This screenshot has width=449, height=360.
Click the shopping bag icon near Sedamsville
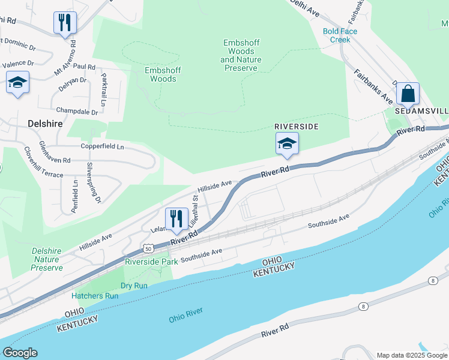[x=408, y=94]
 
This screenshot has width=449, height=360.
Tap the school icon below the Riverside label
[x=287, y=144]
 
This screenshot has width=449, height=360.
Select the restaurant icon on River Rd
[x=176, y=219]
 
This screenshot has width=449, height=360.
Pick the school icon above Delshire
[x=17, y=82]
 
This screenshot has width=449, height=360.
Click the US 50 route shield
[x=148, y=248]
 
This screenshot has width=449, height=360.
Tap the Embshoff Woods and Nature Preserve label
[x=241, y=55]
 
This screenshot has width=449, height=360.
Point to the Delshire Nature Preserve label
[x=47, y=259]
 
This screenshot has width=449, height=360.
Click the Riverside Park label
[x=151, y=262]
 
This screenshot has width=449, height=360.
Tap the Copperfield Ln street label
[x=103, y=146]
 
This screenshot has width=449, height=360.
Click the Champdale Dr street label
[x=77, y=111]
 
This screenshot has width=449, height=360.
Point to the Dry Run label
[x=134, y=286]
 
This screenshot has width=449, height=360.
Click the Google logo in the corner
[x=20, y=353]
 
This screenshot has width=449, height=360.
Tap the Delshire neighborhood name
[x=46, y=123]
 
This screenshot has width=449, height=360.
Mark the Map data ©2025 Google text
[x=411, y=355]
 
